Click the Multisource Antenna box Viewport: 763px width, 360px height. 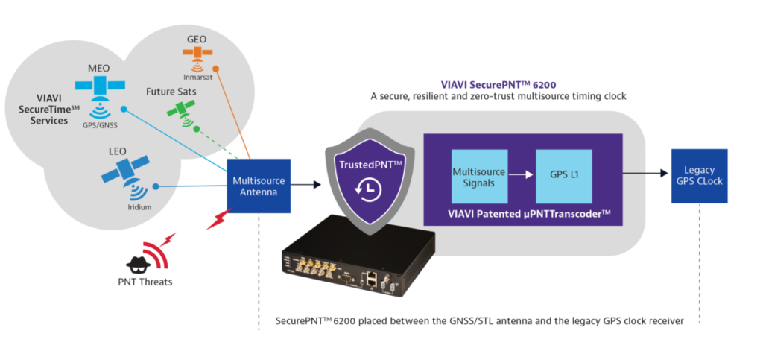tap(259, 186)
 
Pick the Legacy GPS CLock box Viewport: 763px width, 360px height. tap(699, 176)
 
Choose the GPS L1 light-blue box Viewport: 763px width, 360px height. tap(564, 176)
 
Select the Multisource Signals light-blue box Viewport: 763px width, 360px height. tap(479, 176)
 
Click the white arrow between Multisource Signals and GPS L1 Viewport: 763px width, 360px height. tap(522, 173)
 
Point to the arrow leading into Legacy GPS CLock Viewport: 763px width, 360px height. tap(645, 173)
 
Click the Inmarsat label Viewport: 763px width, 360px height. tap(197, 77)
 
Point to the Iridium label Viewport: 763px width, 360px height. tap(139, 207)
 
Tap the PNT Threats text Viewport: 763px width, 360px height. tap(145, 281)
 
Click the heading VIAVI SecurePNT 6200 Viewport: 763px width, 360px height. tap(498, 84)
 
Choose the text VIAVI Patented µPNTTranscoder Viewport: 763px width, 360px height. tap(522, 213)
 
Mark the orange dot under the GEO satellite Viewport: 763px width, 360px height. tap(215, 69)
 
